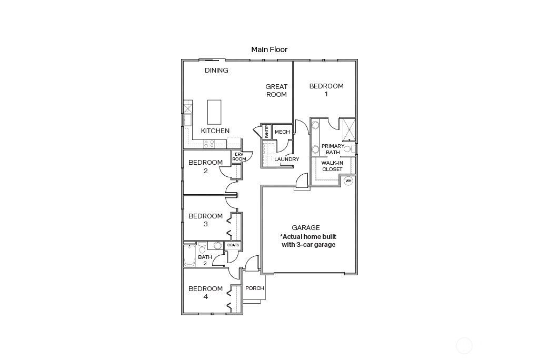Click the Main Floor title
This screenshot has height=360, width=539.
[269, 49]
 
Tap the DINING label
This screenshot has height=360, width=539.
[216, 71]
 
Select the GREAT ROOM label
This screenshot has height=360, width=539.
[276, 91]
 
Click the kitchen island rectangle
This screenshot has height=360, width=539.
[214, 111]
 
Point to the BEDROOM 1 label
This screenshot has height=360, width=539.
[326, 90]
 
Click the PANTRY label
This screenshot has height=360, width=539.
[267, 132]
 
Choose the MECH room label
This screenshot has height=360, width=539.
[282, 132]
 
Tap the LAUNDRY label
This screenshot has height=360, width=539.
[286, 159]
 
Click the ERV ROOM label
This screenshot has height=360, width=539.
[239, 156]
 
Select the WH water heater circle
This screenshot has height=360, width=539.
[348, 181]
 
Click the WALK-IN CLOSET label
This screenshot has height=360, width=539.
[332, 166]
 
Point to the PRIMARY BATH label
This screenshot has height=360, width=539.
[333, 149]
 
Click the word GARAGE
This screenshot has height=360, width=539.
[306, 228]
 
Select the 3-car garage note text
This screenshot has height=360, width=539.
[308, 241]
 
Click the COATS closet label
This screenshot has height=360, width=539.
[233, 245]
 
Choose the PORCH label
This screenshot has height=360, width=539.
[254, 288]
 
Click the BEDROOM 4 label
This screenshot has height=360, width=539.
[205, 293]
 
